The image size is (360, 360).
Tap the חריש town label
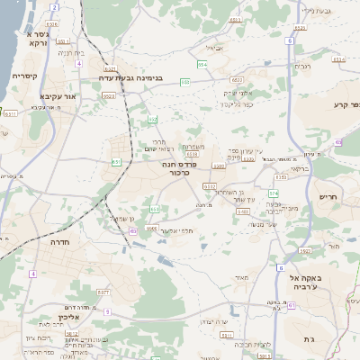click(328, 197)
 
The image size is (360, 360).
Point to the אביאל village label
click(213, 48)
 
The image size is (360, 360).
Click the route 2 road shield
click(54, 7)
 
